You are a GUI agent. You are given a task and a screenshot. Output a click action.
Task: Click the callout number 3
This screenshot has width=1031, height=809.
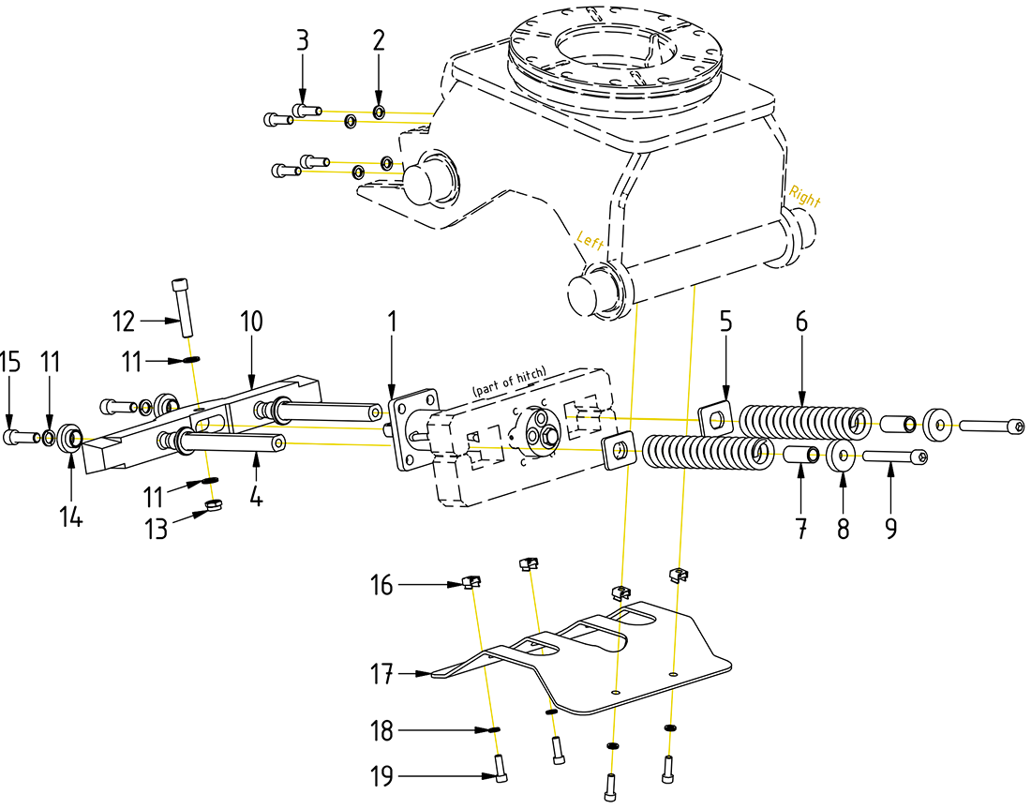coord(302,40)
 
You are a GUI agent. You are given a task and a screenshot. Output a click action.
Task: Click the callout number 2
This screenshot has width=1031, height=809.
coord(379,40)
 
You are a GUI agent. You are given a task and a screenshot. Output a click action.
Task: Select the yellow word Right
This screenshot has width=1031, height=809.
coord(804,197)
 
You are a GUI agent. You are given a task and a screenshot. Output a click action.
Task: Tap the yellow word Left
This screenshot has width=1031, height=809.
coord(590,241)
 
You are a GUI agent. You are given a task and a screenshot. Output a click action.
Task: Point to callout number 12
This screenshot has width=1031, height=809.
coord(125,321)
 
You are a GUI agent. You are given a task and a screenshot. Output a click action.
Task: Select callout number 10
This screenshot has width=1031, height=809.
coord(251,321)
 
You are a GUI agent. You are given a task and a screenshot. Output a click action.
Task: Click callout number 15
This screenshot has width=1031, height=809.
coord(8,362)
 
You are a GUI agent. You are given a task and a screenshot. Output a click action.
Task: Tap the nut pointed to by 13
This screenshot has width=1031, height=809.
coord(213,509)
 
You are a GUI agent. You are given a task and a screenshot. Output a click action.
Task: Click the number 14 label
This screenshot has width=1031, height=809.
coord(72,517)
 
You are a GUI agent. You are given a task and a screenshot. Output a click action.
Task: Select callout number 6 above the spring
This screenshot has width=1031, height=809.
coord(801,321)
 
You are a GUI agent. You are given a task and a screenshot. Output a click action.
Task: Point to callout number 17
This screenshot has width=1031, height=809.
coord(381,673)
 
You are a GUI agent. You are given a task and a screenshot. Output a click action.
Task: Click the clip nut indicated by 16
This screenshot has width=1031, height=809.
coord(471,584)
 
